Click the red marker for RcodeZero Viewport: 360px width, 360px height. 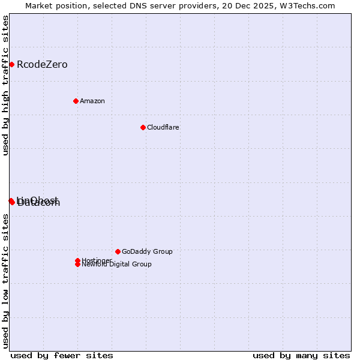tap(11, 64)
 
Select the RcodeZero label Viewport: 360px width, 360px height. tap(42, 65)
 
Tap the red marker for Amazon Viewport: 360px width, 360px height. tap(76, 101)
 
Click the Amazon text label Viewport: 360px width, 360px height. tap(92, 101)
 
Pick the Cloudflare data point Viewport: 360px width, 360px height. tap(143, 127)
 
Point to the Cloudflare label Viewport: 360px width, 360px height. tap(163, 128)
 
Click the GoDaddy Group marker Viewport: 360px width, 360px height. tap(118, 251)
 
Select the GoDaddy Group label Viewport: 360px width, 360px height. tap(147, 252)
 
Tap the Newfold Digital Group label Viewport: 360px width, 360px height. tap(117, 265)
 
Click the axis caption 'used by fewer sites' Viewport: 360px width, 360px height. tap(62, 355)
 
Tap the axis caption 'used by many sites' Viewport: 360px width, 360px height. tap(301, 355)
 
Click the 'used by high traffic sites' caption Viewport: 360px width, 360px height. tap(5, 85)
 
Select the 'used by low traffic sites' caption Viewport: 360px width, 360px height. tap(5, 281)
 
